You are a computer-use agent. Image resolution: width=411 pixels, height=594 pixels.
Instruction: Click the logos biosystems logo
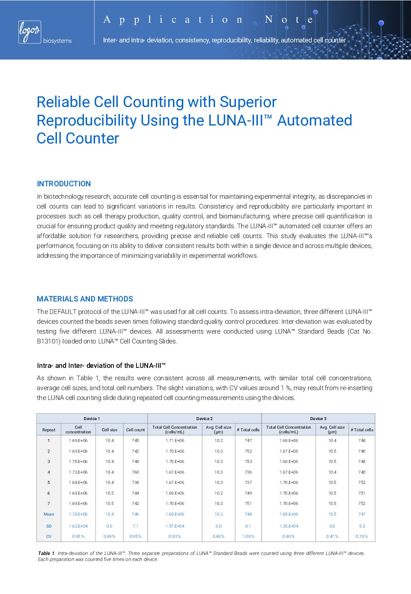pyautogui.click(x=45, y=33)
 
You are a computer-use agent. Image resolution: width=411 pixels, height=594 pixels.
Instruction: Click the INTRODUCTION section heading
pyautogui.click(x=64, y=184)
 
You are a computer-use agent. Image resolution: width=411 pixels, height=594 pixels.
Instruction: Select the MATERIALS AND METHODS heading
pyautogui.click(x=85, y=299)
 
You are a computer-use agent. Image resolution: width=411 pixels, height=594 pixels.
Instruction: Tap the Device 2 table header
pyautogui.click(x=204, y=418)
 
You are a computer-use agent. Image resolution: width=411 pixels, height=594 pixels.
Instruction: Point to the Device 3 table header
pyautogui.click(x=318, y=418)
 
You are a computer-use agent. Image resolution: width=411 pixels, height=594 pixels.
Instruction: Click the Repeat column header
pyautogui.click(x=49, y=430)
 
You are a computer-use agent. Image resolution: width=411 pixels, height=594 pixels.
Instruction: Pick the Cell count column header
pyautogui.click(x=135, y=430)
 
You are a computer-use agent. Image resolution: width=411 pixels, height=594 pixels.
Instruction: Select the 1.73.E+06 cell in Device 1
pyautogui.click(x=78, y=472)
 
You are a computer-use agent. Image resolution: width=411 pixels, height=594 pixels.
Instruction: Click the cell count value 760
pyautogui.click(x=135, y=472)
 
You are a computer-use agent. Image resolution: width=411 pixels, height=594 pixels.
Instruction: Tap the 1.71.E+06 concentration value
pyautogui.click(x=175, y=440)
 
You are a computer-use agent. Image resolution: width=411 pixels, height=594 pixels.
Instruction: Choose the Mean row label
pyautogui.click(x=49, y=514)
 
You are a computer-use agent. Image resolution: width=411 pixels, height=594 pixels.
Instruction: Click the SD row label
pyautogui.click(x=49, y=526)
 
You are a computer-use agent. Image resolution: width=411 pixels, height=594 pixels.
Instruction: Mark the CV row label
pyautogui.click(x=49, y=536)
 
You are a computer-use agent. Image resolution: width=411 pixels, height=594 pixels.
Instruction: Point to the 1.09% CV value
pyautogui.click(x=248, y=536)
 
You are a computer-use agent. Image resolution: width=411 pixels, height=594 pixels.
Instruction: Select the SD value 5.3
pyautogui.click(x=362, y=526)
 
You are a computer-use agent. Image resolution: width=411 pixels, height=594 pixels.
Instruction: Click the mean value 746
pyautogui.click(x=135, y=514)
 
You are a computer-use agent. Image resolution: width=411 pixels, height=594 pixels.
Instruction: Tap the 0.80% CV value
pyautogui.click(x=289, y=536)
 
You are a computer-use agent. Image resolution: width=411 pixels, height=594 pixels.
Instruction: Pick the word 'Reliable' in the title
pyautogui.click(x=63, y=102)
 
